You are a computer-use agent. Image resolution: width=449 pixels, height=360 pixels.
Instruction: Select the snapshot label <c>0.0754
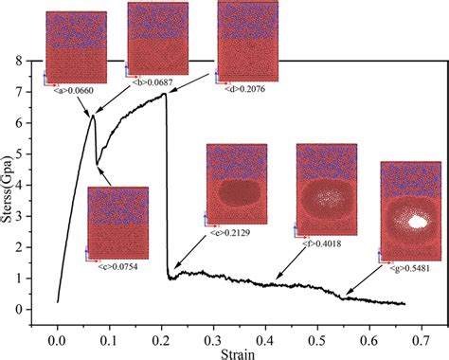point(117,267)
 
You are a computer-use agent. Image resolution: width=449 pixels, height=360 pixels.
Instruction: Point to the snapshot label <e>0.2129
point(230,230)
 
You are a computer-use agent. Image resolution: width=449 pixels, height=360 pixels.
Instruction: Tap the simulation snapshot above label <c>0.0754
point(117,223)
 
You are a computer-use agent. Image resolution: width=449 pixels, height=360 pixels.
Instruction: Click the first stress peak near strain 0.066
point(92,115)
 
